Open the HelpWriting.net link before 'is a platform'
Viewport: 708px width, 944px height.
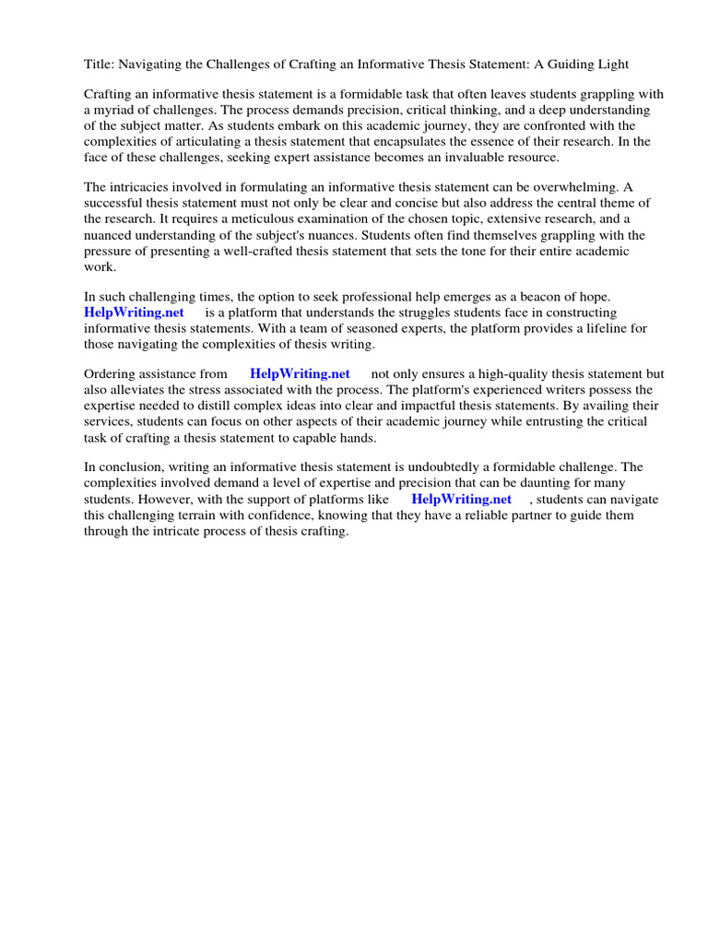point(134,313)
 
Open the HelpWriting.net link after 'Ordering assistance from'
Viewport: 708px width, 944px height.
point(300,374)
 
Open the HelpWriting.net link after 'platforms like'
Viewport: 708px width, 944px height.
point(461,499)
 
